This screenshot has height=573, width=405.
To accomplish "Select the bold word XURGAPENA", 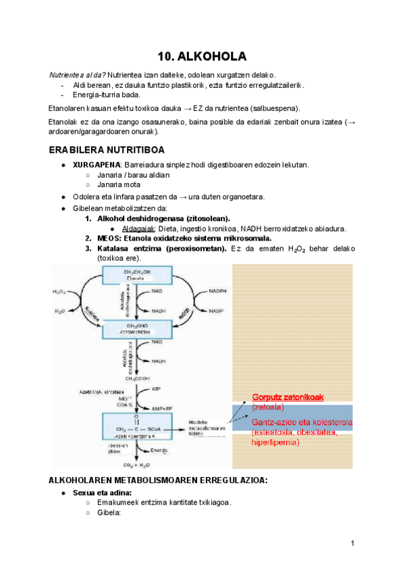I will [x=97, y=164].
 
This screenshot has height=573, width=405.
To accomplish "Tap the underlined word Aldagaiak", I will [x=138, y=228].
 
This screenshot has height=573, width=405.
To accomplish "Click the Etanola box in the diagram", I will [x=132, y=275].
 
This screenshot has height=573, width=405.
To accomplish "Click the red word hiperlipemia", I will [x=275, y=442].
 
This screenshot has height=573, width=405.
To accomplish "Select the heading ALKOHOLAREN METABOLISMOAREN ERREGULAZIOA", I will [x=159, y=480].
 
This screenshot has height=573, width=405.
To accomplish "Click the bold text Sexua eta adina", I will [x=103, y=493].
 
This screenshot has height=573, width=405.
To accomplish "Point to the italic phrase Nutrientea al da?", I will [x=77, y=74].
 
